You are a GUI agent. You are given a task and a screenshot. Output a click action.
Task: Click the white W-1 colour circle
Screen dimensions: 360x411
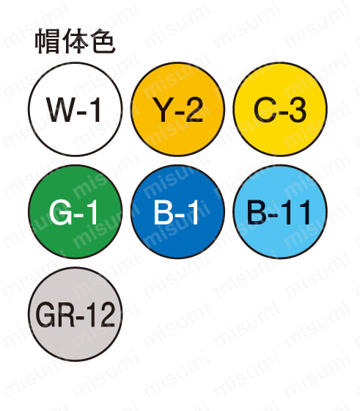[75, 109]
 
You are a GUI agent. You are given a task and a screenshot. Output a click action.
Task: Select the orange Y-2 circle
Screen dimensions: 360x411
[177, 109]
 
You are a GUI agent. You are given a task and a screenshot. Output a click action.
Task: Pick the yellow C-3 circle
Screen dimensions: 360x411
[280, 109]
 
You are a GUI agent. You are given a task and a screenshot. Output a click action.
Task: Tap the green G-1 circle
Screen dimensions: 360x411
[75, 211]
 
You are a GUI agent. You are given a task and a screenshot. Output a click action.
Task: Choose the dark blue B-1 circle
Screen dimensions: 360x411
[177, 211]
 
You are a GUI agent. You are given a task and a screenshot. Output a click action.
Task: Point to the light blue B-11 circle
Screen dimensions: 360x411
[280, 211]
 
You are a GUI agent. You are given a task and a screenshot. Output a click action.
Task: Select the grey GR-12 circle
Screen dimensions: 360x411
[75, 314]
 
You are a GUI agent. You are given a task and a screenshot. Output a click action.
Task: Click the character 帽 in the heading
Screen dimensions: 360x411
[48, 42]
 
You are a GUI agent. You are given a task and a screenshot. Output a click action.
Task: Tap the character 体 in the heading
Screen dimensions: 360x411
[75, 42]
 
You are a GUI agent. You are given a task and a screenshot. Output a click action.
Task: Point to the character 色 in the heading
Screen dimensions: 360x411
[103, 42]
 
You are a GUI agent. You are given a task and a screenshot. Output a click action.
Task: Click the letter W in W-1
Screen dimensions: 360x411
[60, 109]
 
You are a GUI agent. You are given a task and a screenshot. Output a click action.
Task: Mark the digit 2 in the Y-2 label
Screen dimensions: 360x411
[193, 109]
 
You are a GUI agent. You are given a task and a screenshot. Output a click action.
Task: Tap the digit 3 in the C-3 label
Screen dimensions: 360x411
[297, 109]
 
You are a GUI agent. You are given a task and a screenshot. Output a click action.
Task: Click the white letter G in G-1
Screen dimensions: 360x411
[59, 212]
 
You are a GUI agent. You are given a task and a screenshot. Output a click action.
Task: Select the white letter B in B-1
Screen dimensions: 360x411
[164, 212]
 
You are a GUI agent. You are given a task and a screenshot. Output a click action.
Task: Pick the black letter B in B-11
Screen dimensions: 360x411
[257, 212]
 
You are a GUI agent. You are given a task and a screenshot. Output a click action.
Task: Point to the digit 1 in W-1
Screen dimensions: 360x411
[95, 109]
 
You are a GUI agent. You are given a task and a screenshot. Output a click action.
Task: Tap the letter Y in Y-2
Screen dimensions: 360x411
[163, 109]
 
